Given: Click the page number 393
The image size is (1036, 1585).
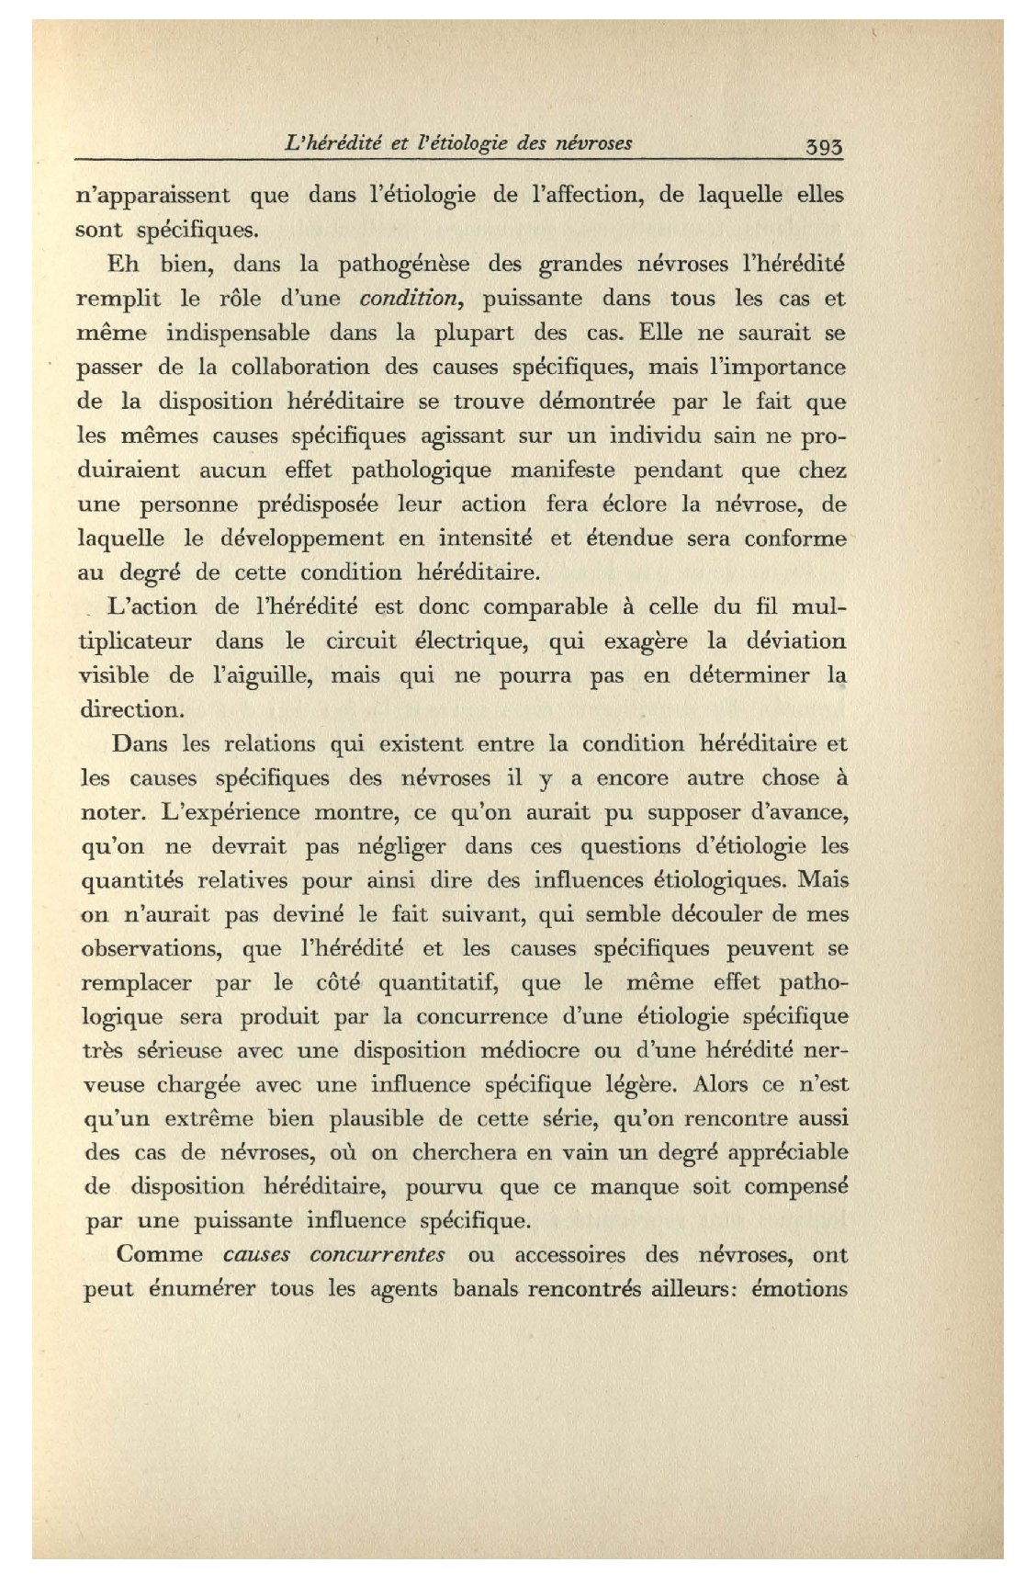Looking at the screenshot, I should pyautogui.click(x=823, y=146).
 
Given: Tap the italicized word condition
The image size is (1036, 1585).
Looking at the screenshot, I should pyautogui.click(x=409, y=299).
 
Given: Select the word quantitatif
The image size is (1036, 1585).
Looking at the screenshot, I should pyautogui.click(x=437, y=983).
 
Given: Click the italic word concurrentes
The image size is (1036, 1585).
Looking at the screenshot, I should pyautogui.click(x=377, y=1255).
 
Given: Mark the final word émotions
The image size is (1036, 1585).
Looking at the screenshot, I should pyautogui.click(x=799, y=1289).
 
